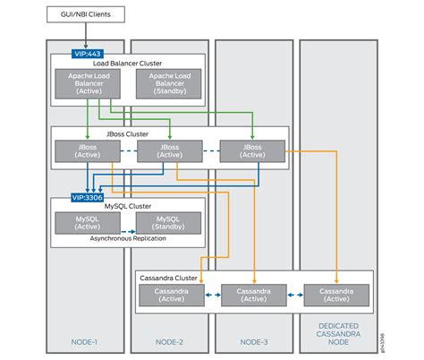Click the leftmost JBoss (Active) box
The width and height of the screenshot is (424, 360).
coord(81,150)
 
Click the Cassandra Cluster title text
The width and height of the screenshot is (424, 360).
coord(169,279)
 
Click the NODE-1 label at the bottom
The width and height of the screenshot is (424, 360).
coord(86,340)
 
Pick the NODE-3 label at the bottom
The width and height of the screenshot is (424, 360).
coord(254,340)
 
